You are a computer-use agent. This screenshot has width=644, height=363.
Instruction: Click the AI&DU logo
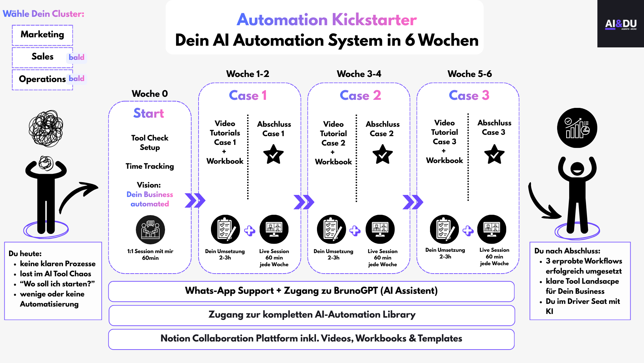pos(621,24)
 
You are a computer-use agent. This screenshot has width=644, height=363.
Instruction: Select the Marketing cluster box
pos(42,35)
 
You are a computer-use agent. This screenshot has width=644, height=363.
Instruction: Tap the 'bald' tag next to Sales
pos(76,57)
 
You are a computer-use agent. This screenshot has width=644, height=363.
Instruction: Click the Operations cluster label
pos(42,79)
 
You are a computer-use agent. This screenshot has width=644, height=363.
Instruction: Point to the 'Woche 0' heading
pos(150,94)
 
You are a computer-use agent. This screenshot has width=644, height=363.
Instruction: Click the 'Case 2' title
pos(360,95)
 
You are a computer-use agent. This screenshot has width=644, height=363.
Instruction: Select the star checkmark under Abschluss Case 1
pos(273,154)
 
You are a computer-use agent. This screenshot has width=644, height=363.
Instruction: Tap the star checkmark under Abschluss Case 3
pos(494,154)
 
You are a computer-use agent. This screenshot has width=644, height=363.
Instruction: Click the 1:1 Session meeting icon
pos(150,230)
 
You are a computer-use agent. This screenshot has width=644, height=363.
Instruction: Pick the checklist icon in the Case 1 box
pos(225,229)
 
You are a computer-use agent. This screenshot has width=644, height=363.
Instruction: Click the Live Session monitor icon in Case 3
pos(492,229)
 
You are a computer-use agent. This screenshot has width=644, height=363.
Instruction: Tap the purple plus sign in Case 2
pos(355,231)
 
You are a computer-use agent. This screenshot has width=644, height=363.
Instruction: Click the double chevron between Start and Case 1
pos(195,201)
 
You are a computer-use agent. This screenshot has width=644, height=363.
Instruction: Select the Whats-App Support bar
pos(311,291)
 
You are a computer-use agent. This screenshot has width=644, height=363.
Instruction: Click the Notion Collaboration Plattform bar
pos(311,339)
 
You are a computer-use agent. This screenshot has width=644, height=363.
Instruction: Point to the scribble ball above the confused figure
pos(46,128)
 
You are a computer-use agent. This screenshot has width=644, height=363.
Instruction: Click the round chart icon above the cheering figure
pos(577,128)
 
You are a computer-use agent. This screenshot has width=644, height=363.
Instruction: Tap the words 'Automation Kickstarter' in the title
pos(327,20)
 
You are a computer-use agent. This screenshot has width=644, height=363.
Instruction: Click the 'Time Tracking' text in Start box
pos(150,166)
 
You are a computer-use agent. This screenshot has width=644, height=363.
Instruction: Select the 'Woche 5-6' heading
pos(470,74)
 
